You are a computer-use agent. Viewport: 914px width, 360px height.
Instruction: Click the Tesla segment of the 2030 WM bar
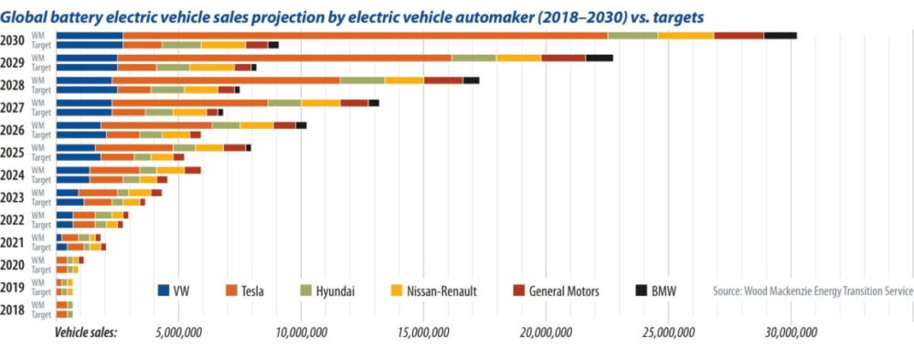[366, 35]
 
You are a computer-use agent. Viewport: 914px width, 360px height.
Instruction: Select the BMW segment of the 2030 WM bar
[780, 35]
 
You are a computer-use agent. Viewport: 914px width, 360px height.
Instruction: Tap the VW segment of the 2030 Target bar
[90, 45]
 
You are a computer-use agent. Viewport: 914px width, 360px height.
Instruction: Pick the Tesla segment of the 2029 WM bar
[284, 58]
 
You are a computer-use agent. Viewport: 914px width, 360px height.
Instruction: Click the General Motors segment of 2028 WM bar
[443, 80]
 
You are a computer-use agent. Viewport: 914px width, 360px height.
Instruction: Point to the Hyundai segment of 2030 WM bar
[632, 35]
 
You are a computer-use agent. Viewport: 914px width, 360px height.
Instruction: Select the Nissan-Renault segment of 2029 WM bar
[518, 58]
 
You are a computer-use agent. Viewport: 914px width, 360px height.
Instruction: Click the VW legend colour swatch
[165, 291]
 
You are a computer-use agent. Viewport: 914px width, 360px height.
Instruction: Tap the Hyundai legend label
[336, 291]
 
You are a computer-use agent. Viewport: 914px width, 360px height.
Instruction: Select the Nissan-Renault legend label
[441, 291]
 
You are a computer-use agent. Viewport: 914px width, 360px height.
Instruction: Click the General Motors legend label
[563, 291]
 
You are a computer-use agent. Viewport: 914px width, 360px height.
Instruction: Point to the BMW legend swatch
[642, 291]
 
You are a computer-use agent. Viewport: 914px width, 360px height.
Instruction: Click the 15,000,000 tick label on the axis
[423, 333]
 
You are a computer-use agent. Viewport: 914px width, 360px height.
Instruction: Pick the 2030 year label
[13, 40]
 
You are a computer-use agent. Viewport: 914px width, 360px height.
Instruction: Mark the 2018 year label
[13, 309]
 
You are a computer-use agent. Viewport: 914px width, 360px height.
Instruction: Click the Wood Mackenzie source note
[813, 291]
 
